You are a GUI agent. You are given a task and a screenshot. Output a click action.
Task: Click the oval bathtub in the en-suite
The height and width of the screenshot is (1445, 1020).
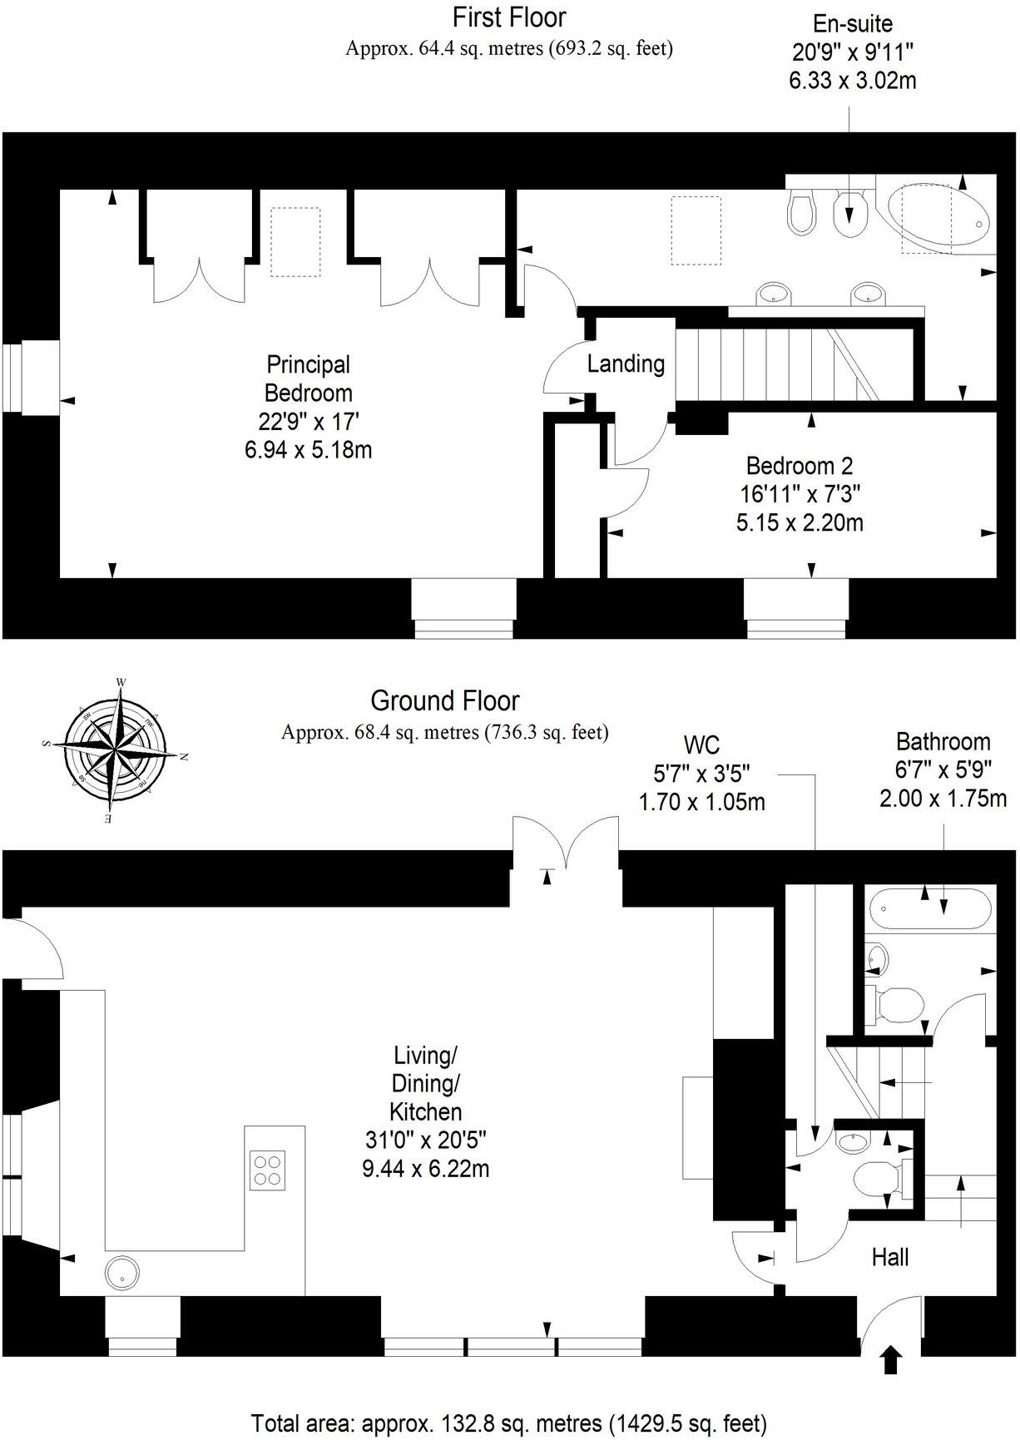(937, 215)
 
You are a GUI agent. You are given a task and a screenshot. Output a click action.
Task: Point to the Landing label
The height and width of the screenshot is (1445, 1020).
(626, 364)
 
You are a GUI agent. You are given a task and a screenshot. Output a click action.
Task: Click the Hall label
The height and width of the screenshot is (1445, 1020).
(889, 1257)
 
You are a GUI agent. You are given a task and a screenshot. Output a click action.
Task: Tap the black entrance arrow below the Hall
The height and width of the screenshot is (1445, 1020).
(891, 1360)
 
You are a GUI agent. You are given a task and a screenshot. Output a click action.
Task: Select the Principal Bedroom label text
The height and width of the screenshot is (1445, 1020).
(308, 379)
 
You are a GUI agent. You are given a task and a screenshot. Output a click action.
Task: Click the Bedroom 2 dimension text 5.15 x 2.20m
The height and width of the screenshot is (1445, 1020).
(800, 522)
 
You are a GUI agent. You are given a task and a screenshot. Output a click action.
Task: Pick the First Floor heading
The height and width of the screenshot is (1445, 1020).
(509, 17)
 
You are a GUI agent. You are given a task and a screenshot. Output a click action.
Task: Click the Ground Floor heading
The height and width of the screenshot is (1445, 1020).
(445, 700)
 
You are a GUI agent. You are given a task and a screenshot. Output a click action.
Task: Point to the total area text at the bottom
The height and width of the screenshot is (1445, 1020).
(509, 1423)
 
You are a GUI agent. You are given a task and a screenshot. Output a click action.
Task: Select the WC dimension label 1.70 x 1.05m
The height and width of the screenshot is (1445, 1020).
(701, 802)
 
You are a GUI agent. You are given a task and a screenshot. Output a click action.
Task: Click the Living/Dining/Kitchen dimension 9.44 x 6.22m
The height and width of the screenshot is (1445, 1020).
(425, 1168)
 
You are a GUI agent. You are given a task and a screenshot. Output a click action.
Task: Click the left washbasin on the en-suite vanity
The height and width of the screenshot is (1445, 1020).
(775, 294)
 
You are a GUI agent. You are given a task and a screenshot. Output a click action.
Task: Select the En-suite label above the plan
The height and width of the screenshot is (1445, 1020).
(853, 23)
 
